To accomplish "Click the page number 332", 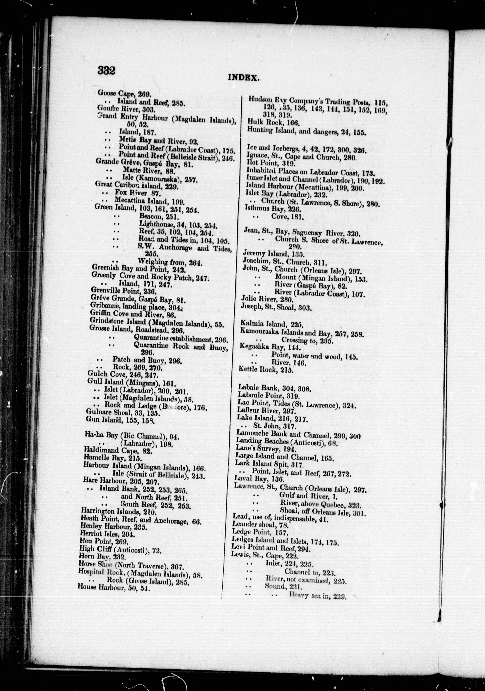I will (106, 71).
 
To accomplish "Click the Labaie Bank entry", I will (274, 389).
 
